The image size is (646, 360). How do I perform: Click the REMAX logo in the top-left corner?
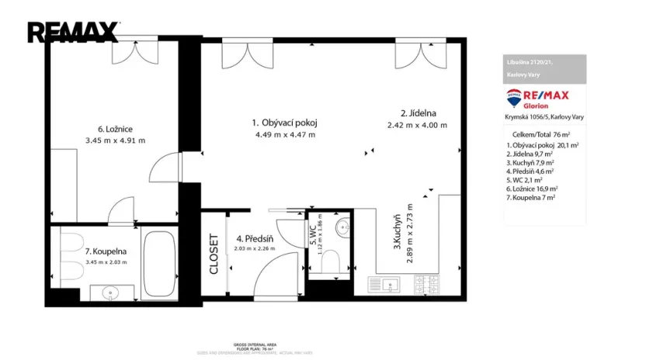click(x=73, y=32)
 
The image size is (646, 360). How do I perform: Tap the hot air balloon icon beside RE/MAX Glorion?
click(x=514, y=99)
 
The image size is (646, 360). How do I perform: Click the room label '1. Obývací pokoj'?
click(x=285, y=123)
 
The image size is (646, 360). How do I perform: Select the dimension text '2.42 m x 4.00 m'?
click(x=418, y=125)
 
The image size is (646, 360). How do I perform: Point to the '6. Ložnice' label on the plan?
click(x=115, y=129)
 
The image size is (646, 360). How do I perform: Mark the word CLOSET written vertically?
click(x=214, y=254)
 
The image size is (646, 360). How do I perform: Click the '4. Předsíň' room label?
click(x=254, y=239)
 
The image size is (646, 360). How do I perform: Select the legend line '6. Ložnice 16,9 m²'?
click(x=532, y=188)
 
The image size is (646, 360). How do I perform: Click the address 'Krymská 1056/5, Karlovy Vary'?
click(x=544, y=116)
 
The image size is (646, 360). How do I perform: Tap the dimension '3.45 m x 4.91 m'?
click(x=115, y=140)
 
